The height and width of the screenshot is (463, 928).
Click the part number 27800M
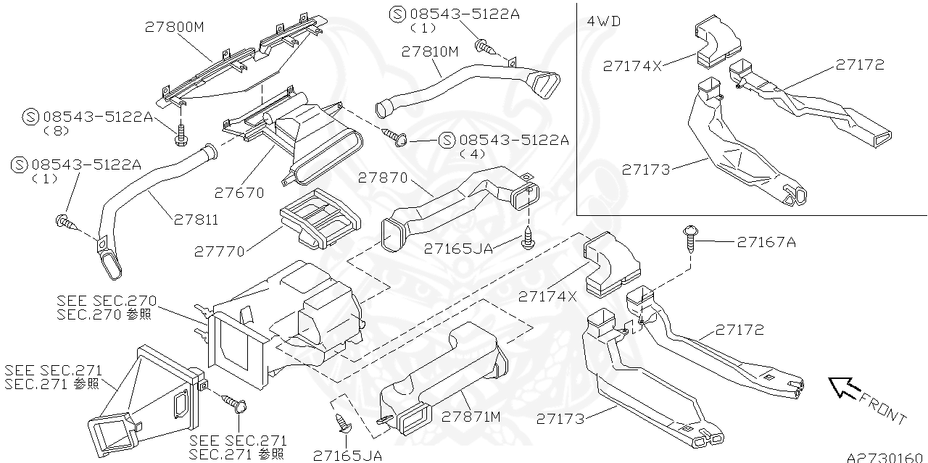click(x=175, y=27)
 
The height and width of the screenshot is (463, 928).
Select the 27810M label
click(x=431, y=51)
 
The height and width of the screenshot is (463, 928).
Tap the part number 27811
click(x=195, y=220)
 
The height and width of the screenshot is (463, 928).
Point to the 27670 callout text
click(x=239, y=193)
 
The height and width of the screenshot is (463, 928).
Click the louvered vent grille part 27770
click(x=319, y=217)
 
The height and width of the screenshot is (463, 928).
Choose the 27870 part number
click(x=383, y=178)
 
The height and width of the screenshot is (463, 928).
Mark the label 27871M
click(x=471, y=417)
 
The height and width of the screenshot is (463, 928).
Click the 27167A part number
click(x=766, y=242)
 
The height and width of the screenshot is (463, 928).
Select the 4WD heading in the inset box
click(x=603, y=21)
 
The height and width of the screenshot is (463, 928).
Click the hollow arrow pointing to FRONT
click(x=842, y=388)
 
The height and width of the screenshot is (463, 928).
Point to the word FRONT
click(x=882, y=409)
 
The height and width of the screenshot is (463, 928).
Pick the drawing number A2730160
click(x=886, y=456)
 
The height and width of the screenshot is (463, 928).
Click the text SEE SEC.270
click(x=107, y=301)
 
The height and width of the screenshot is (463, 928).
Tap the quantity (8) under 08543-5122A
click(x=54, y=131)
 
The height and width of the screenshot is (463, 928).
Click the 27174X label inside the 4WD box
click(x=632, y=66)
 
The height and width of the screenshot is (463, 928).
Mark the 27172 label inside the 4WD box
click(x=860, y=64)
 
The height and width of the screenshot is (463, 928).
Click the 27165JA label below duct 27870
click(x=458, y=249)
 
